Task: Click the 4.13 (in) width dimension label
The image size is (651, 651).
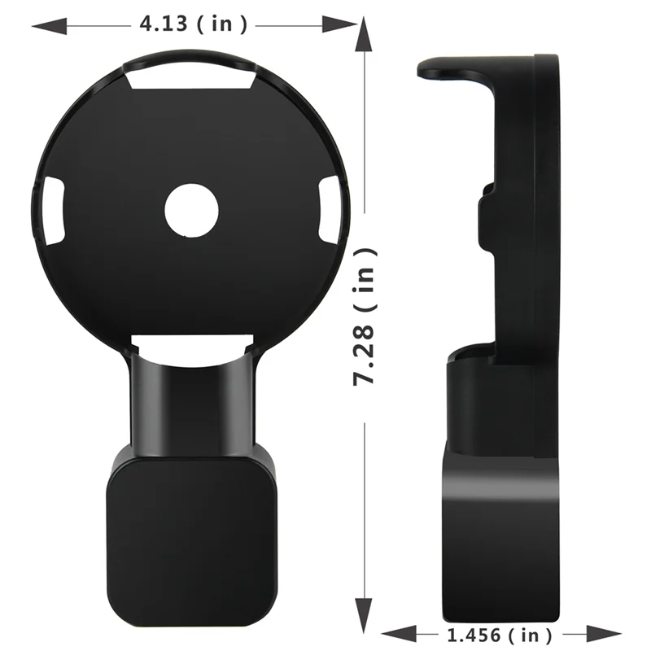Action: [x=193, y=24]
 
